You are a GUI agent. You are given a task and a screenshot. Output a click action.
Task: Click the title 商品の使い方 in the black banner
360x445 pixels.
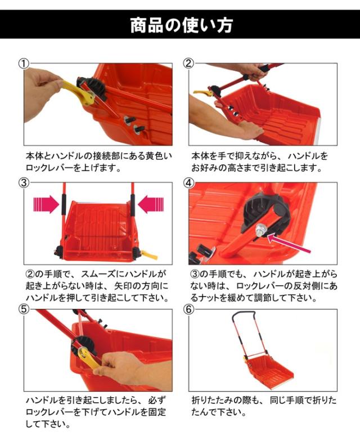182,25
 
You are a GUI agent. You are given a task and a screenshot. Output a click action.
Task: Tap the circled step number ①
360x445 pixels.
24,64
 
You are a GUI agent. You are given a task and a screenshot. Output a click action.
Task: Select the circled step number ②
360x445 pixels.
189,63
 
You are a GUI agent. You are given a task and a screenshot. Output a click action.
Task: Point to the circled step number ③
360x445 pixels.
24,182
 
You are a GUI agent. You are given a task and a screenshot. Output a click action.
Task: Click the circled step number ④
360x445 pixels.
189,182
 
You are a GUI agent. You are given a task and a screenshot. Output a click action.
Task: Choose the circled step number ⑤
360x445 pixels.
24,309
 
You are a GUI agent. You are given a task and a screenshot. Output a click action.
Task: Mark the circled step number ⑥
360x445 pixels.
189,309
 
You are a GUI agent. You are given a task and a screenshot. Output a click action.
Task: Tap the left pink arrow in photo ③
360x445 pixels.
46,204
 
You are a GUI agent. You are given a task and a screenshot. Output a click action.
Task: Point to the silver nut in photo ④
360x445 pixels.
259,229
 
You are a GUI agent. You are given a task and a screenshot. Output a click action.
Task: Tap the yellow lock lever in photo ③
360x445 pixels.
149,255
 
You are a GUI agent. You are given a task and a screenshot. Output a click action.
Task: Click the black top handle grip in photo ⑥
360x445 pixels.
244,313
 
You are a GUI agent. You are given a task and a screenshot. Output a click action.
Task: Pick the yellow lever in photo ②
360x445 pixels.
202,92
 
